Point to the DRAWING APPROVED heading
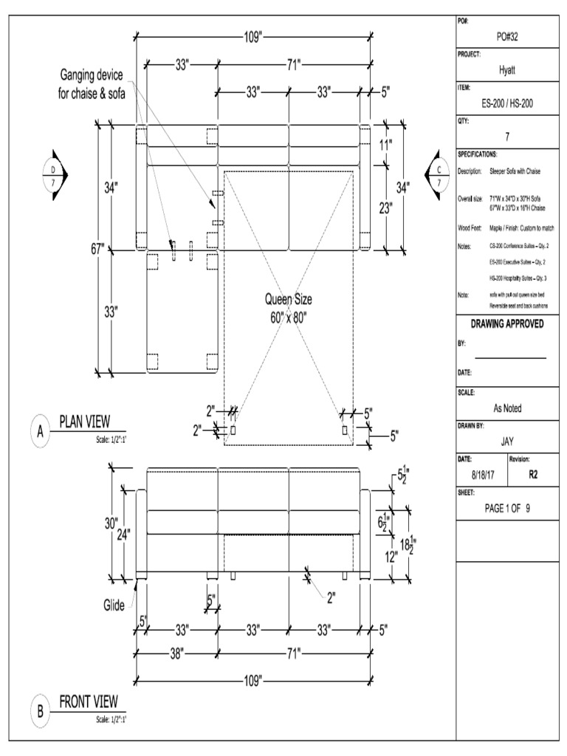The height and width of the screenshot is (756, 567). [507, 324]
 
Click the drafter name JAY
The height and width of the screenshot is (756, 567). [507, 442]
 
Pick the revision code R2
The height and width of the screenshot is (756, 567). [533, 475]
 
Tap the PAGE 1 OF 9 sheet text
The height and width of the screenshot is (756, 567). [507, 508]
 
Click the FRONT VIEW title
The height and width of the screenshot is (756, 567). [88, 701]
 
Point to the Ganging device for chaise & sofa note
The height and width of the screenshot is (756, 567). [92, 83]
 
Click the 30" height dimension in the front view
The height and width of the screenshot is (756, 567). [111, 523]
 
